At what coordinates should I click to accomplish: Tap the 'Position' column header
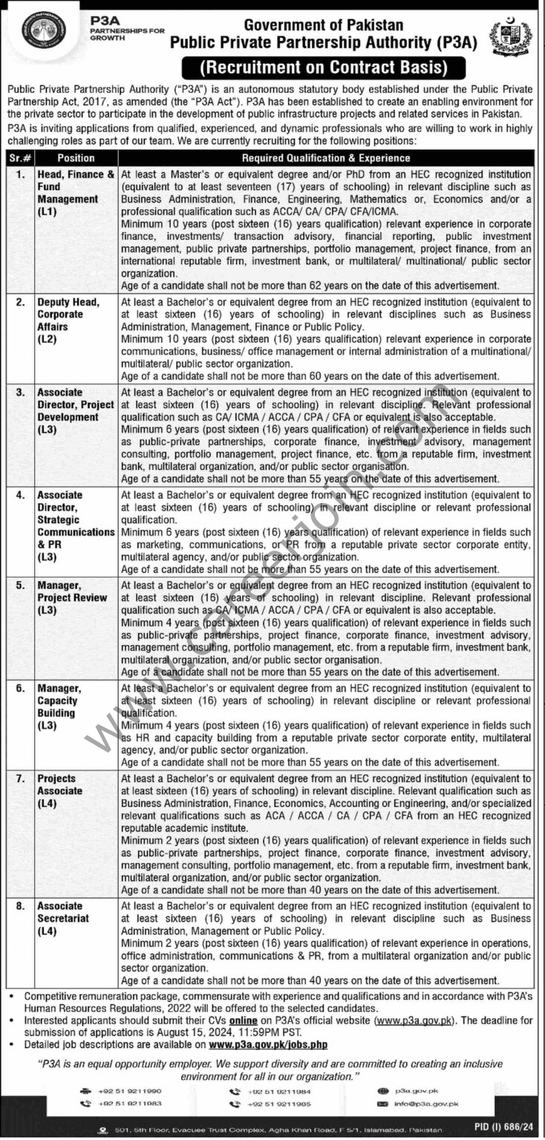coord(76,158)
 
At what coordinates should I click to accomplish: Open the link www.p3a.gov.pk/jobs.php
coord(268,1045)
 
